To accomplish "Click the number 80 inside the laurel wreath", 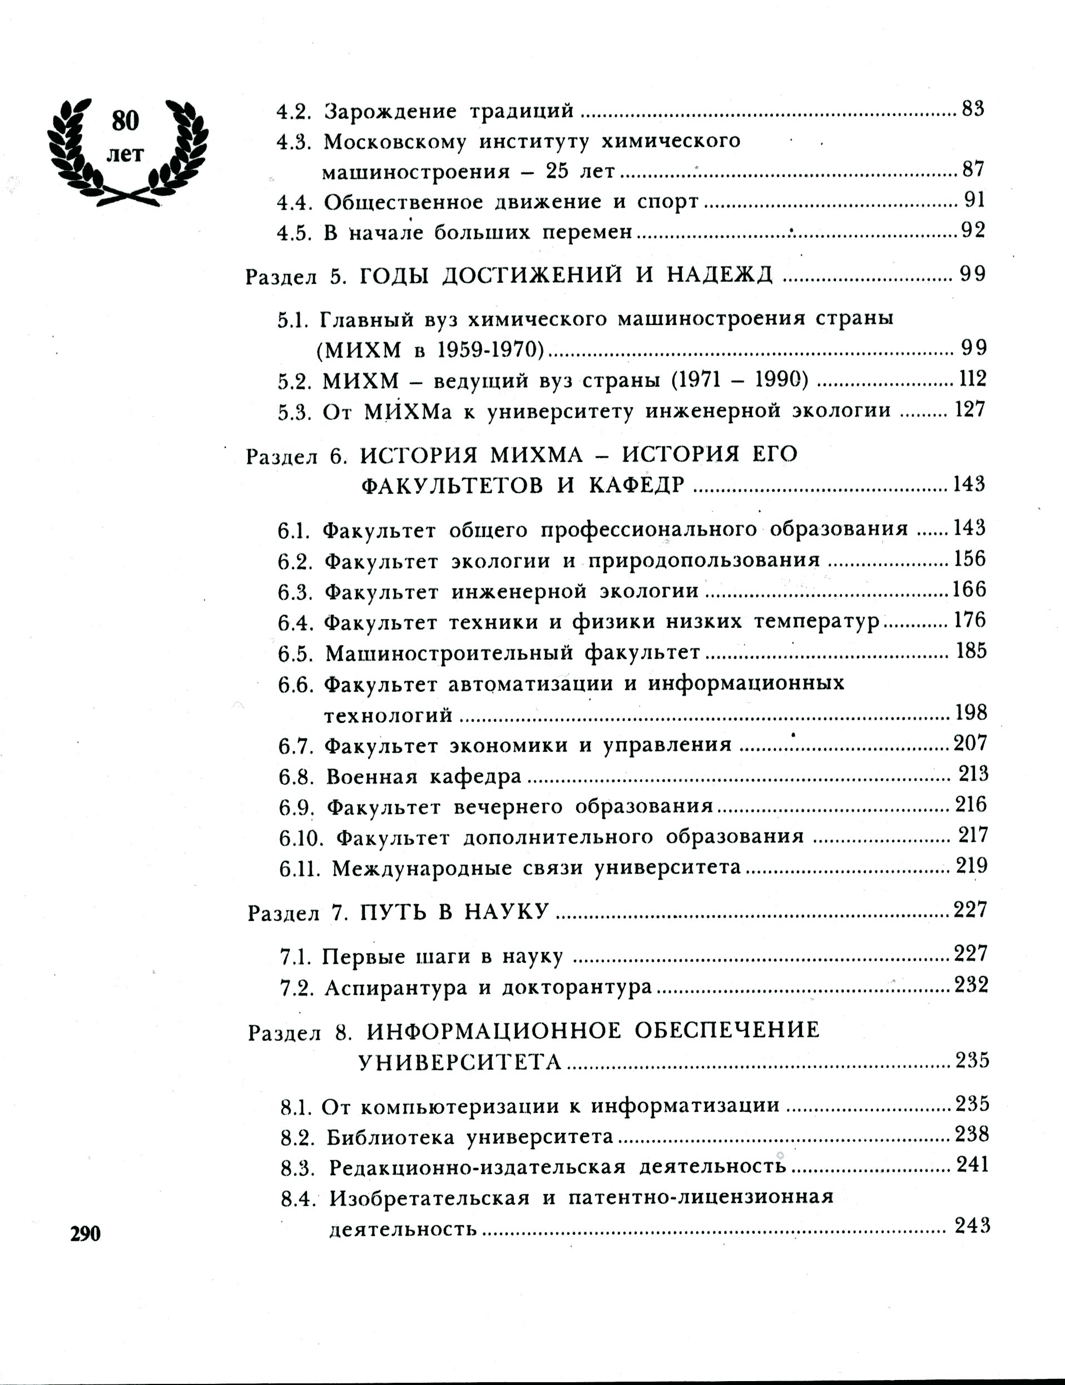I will point(125,121).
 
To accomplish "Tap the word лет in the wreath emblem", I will point(125,154).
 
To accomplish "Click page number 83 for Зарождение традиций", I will point(973,110).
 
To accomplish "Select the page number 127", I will point(970,410).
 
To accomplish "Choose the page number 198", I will point(971,713).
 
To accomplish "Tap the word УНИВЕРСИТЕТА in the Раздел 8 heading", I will point(460,1062).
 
